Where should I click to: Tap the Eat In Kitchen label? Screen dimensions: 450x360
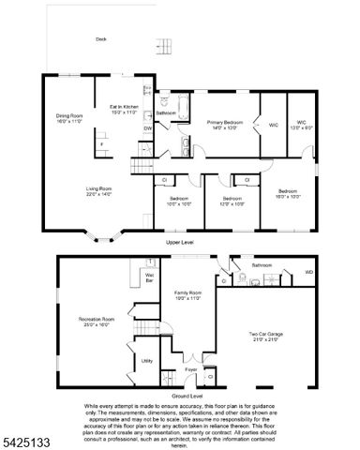click(x=124, y=109)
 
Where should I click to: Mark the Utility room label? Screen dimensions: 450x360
click(x=147, y=360)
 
